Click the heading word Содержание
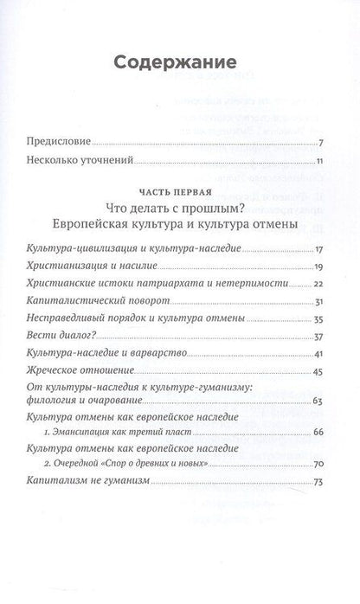(x=179, y=61)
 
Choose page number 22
(x=318, y=283)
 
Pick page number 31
(x=318, y=300)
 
